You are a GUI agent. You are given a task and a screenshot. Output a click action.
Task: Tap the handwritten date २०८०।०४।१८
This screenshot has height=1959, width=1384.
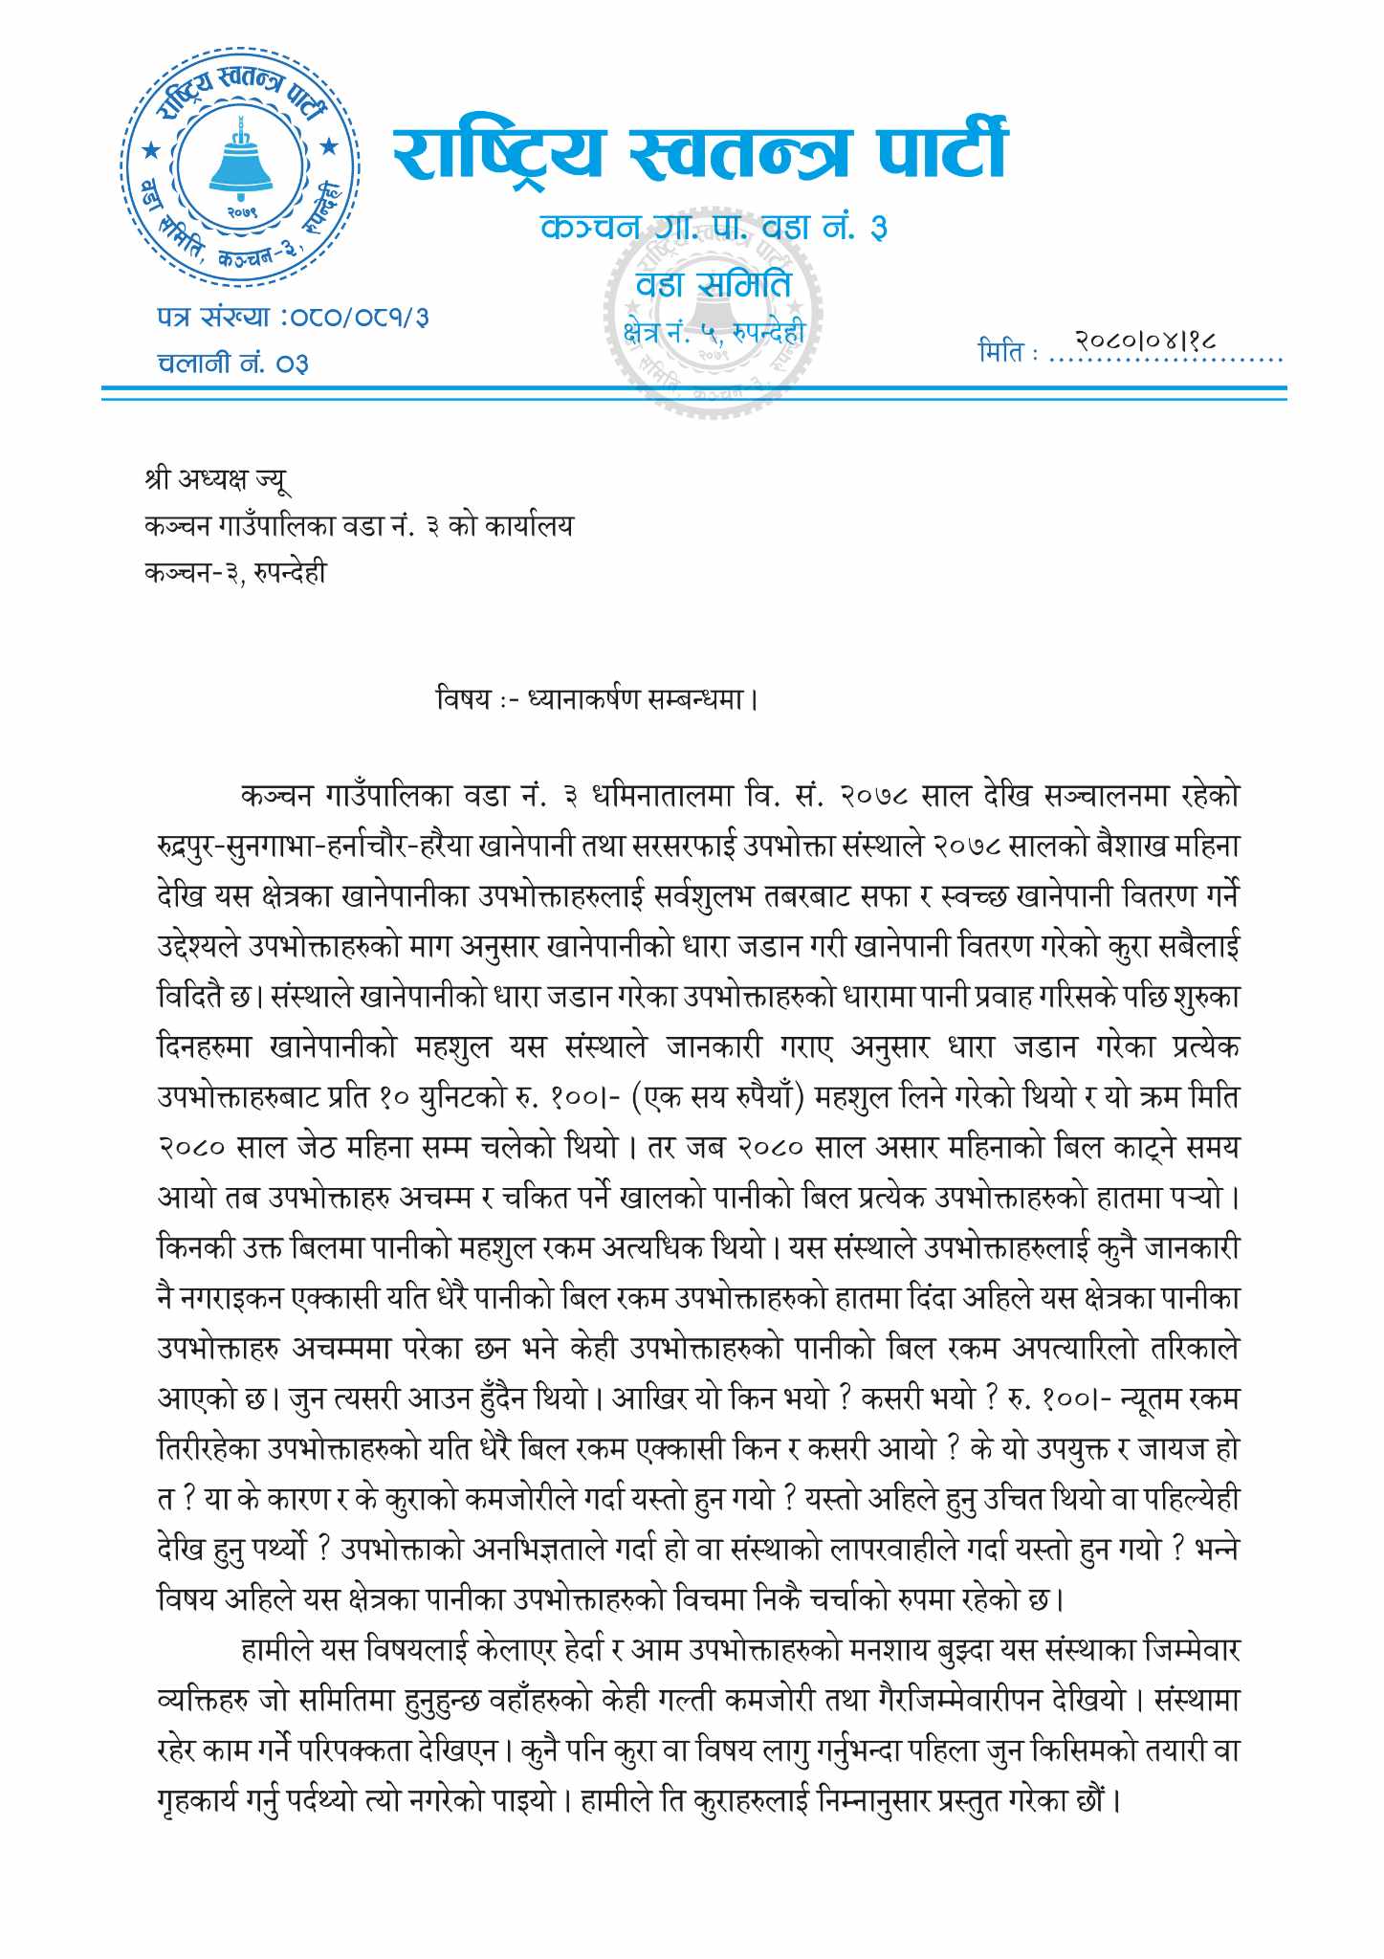click(x=1144, y=340)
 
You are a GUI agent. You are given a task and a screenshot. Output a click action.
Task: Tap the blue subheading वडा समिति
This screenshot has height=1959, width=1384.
click(x=714, y=284)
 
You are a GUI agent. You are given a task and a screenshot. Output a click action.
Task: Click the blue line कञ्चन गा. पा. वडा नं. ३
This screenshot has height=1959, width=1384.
click(x=714, y=228)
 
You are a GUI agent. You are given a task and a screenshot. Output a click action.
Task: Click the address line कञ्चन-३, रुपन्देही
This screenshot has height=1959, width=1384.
click(x=235, y=572)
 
